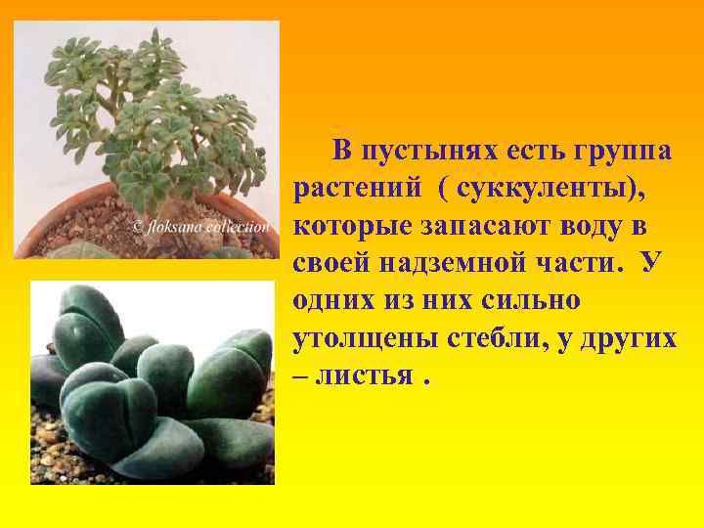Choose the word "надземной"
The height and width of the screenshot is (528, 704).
462,263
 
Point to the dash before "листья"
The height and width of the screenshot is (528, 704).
300,375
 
